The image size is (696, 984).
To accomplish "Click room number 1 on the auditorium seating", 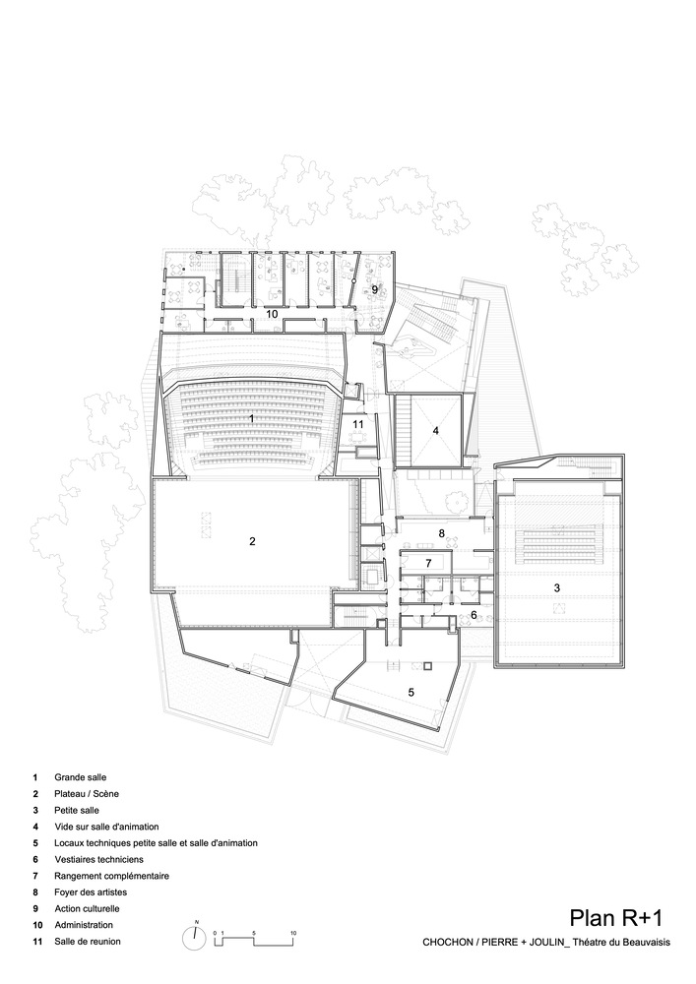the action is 252,418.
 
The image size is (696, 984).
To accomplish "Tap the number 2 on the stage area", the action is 252,541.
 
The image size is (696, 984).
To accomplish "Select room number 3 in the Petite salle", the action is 556,588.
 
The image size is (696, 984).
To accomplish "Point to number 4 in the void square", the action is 435,431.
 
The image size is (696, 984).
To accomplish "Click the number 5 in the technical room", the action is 411,692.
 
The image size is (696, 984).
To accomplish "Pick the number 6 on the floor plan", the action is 474,614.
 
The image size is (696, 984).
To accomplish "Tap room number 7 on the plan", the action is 428,563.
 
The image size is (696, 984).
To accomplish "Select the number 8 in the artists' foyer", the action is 442,533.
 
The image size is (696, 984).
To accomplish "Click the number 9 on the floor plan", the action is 375,290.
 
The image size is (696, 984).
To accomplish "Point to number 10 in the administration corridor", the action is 273,313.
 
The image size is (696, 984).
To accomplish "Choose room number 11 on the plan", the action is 358,424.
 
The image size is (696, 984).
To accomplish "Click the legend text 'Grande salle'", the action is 81,777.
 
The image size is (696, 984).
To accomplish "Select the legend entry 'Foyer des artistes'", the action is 91,892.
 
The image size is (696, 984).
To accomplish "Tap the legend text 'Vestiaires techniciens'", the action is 98,860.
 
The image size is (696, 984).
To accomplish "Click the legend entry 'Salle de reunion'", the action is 88,942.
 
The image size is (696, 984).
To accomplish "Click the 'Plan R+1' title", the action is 615,918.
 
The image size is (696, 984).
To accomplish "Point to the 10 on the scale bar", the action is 293,933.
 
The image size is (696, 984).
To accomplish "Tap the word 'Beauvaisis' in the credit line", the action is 647,942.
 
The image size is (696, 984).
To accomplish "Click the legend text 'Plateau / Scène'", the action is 87,794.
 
